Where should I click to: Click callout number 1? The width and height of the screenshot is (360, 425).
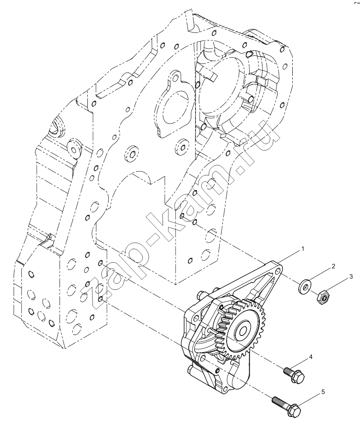coord(303,249)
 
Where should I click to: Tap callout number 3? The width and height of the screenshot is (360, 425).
coord(351,277)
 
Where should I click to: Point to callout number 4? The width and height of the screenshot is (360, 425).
coord(311,357)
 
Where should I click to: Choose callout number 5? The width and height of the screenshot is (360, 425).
coord(323,392)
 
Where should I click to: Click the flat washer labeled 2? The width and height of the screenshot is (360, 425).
coord(305,286)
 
